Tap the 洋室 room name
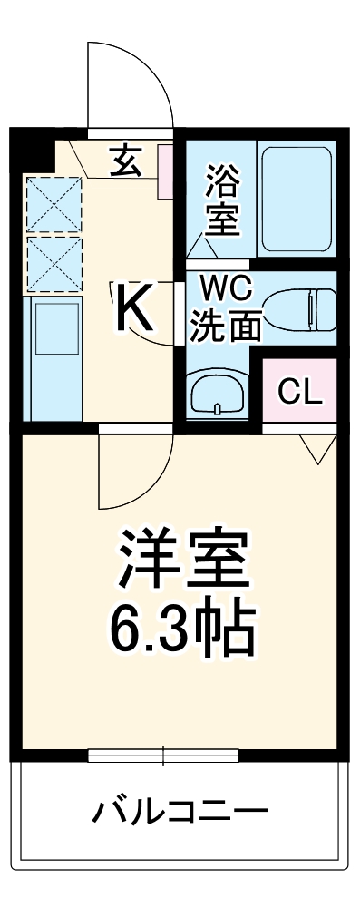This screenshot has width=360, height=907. [x=181, y=561]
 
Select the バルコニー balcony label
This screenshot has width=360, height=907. [x=180, y=810]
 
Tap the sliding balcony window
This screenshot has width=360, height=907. [x=163, y=755]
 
